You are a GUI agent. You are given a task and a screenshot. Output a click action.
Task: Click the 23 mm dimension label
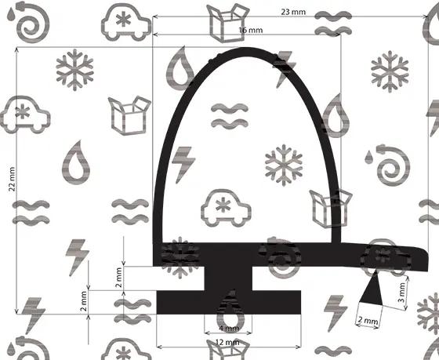[293, 12]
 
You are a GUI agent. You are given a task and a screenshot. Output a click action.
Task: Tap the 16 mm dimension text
[251, 30]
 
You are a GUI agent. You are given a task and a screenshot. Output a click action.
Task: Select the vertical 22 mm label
[12, 179]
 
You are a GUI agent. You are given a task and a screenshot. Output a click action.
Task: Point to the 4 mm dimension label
[229, 329]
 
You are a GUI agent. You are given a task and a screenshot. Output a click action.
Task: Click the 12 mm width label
[227, 342]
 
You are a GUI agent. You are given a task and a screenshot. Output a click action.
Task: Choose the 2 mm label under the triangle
[368, 320]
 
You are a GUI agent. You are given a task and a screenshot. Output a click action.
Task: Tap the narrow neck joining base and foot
[228, 278]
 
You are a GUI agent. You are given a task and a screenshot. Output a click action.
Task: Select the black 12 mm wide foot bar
[228, 302]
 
